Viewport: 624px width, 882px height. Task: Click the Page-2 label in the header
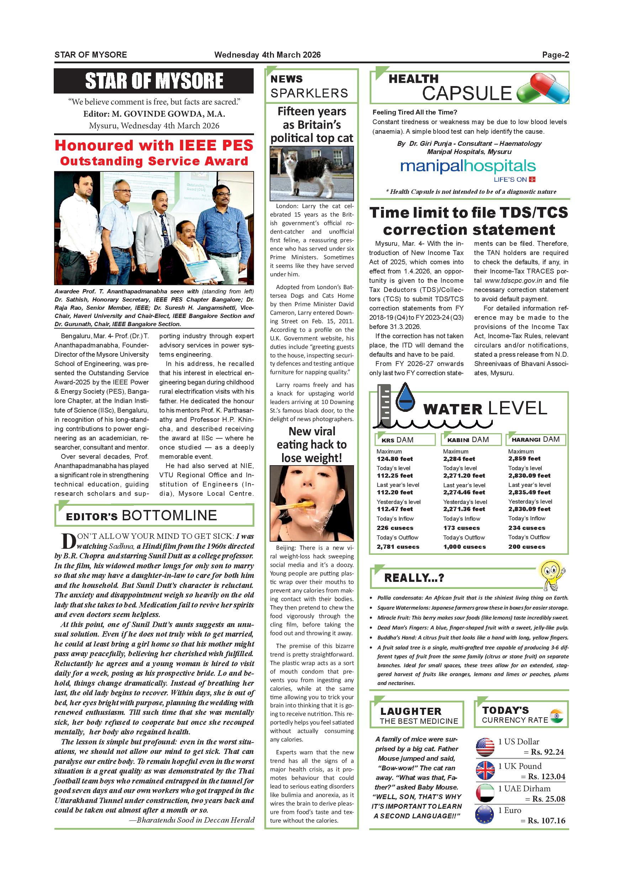[555, 54]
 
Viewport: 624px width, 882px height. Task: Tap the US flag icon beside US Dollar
[485, 747]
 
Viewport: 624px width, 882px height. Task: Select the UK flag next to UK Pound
[485, 770]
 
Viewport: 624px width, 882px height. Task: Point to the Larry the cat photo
[312, 173]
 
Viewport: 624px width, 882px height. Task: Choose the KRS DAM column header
[404, 440]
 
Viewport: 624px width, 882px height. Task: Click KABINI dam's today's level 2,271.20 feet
[464, 475]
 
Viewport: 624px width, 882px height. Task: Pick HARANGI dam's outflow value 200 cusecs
[527, 547]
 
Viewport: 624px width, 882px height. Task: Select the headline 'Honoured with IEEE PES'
[154, 145]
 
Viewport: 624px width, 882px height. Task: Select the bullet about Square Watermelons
[472, 608]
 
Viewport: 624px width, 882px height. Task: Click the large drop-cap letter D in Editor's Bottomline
[68, 541]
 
